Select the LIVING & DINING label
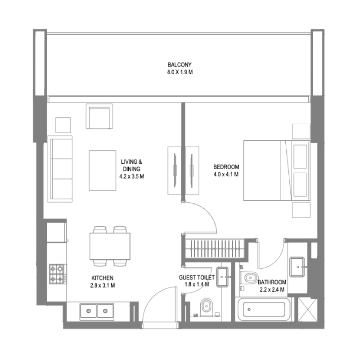click(131, 165)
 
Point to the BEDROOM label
click(226, 166)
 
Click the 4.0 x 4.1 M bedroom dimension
click(226, 174)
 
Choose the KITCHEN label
click(102, 278)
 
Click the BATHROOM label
click(272, 282)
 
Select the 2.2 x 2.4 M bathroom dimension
click(271, 289)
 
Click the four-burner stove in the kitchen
click(58, 274)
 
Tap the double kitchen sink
click(96, 310)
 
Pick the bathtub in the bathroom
click(263, 310)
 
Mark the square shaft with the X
click(310, 310)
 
